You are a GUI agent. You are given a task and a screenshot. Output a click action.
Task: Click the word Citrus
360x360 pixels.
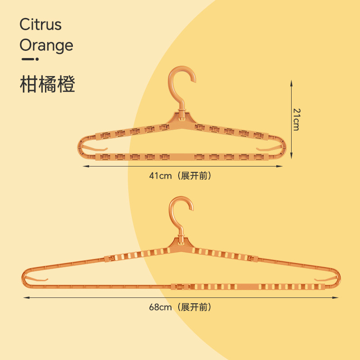point(40,24)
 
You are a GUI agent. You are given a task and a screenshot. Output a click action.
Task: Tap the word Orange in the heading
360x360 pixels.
point(46,45)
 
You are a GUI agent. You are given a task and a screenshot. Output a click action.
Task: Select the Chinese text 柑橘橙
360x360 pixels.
point(47,84)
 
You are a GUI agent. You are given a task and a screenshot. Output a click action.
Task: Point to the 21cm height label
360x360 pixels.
point(296,119)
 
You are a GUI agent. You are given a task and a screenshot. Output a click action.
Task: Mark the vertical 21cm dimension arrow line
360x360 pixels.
point(291,119)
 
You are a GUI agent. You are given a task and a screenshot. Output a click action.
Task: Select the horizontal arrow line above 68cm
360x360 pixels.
point(180,297)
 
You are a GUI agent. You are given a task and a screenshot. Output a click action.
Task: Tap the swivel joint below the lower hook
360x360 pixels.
point(181,239)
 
